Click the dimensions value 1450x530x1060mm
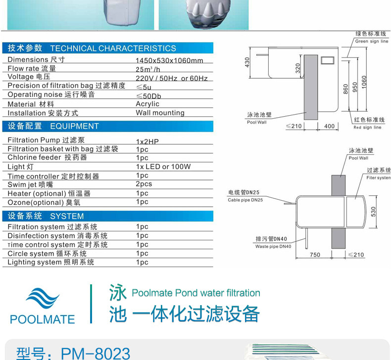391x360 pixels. (169, 61)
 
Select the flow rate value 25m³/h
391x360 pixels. (148, 69)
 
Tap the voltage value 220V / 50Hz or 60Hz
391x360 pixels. (172, 78)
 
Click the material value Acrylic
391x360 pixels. (147, 104)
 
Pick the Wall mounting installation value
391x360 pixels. (160, 113)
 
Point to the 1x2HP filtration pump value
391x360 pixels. (147, 141)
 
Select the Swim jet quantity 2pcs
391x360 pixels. (144, 184)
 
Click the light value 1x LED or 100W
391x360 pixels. (163, 167)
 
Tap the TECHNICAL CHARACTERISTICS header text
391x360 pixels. (113, 48)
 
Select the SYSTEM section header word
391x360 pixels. (67, 216)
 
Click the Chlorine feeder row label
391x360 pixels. (47, 158)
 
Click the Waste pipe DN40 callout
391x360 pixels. (273, 243)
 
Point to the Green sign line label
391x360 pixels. (371, 38)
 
